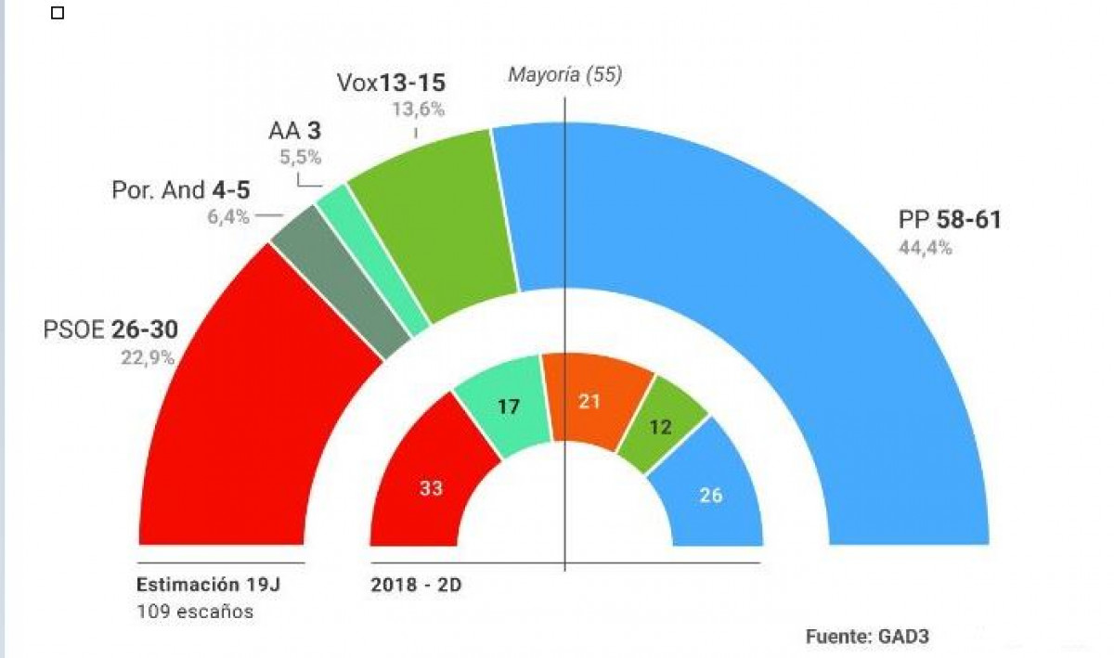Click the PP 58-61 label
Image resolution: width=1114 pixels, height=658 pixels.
[x=949, y=221]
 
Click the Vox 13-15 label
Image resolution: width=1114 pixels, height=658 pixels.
[x=397, y=84]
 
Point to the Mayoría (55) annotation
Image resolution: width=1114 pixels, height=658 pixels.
[x=564, y=75]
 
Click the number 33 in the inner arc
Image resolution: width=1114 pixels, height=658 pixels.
[x=430, y=489]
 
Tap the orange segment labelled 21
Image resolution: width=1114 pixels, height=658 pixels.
[x=590, y=401]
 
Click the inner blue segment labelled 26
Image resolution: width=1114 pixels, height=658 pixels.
[x=711, y=495]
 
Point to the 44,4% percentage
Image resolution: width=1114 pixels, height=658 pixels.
[x=925, y=248]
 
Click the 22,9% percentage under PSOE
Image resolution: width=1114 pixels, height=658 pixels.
[x=147, y=357]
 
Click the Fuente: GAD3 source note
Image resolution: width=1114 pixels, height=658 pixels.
[x=866, y=637]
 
